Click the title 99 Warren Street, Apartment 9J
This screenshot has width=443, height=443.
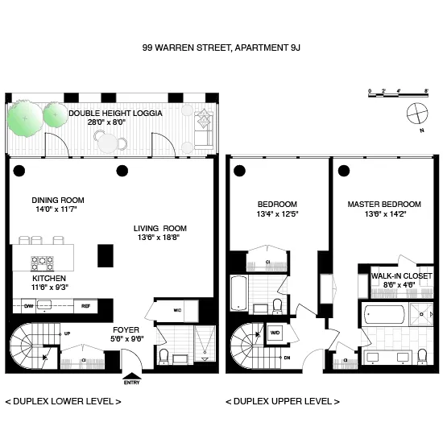pos(221,48)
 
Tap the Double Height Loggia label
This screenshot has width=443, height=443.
pos(115,114)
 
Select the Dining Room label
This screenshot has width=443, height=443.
pos(58,201)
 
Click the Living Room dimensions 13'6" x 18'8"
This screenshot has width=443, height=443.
pos(159,238)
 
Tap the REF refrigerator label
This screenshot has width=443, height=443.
pos(86,306)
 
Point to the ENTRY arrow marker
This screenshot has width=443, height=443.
pos(130,374)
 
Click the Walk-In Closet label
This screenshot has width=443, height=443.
pos(401,276)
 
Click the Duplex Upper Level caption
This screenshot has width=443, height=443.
pos(282,400)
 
